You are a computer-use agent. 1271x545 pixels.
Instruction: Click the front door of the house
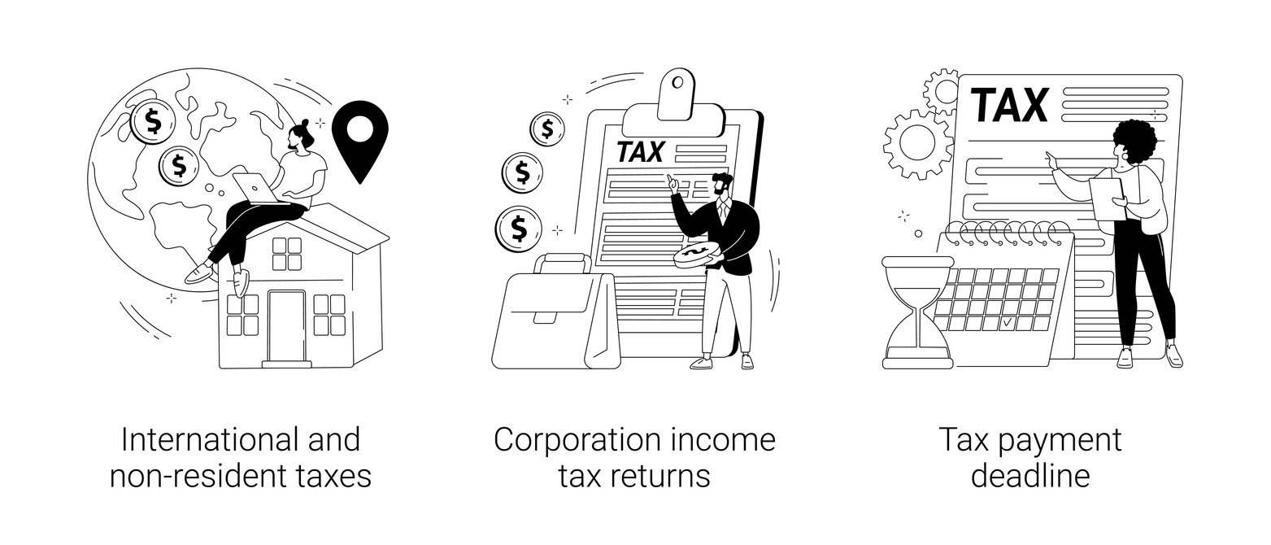(286, 325)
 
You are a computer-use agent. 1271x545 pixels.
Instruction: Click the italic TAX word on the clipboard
(640, 151)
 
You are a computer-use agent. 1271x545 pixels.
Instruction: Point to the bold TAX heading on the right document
(1009, 105)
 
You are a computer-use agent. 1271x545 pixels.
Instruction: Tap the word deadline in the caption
(1029, 476)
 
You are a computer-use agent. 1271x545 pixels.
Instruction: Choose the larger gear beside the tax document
(917, 144)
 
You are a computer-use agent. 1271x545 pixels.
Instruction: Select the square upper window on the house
(286, 253)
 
